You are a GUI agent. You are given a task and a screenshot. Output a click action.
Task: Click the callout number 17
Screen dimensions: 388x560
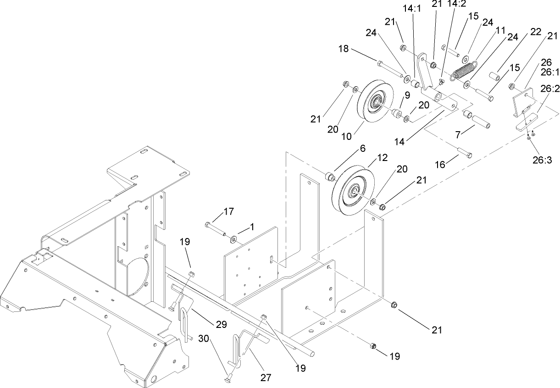coord(229,211)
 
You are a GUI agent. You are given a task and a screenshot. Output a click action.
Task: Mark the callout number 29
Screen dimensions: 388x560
coord(222,325)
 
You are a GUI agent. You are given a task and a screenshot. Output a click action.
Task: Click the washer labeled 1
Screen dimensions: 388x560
coord(234,238)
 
